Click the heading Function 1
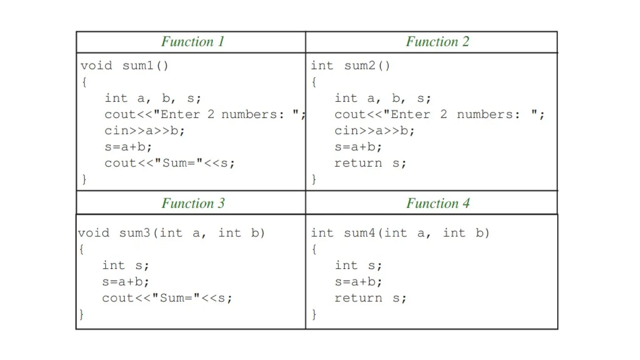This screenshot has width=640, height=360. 192,42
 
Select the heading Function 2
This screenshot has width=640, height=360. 437,42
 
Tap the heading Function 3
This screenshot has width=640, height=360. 193,203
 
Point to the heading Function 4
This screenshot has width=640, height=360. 437,203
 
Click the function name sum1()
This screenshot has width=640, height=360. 145,66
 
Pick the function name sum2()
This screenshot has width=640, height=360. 367,66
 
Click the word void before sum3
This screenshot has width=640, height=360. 94,233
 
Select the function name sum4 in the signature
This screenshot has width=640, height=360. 359,233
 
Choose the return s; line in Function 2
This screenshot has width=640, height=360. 370,163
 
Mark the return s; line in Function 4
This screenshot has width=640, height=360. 370,298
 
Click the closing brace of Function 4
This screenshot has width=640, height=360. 314,314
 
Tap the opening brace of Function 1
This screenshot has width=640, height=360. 84,82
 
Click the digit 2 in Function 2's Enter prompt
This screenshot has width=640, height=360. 443,115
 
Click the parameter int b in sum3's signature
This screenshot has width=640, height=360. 241,233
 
